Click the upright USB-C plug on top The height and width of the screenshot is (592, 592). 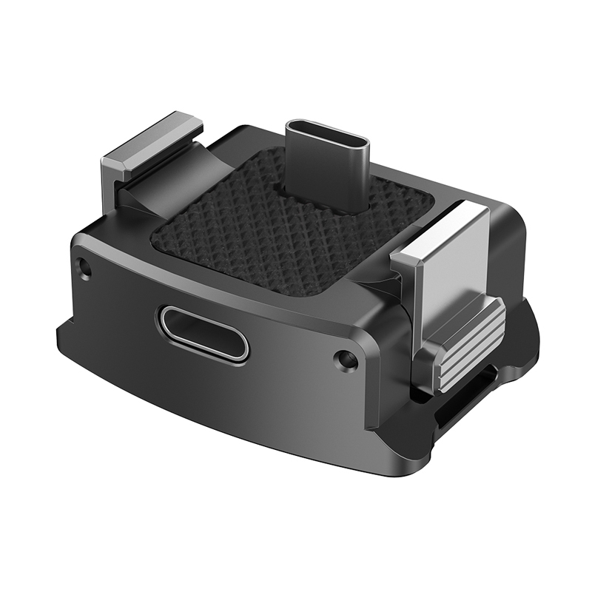[x=326, y=166]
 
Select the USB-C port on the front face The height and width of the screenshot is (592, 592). [x=202, y=333]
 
